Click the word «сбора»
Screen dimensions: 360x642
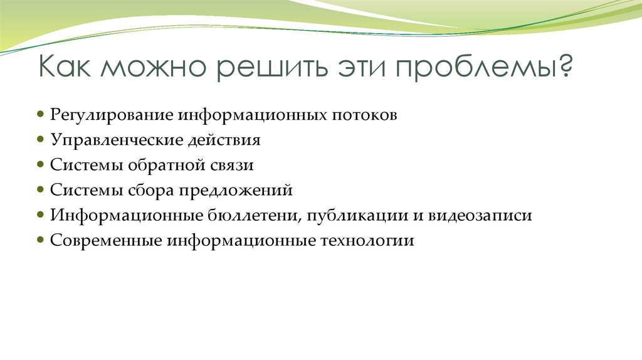150,191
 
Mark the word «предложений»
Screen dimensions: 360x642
239,191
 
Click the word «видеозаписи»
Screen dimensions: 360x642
480,216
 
